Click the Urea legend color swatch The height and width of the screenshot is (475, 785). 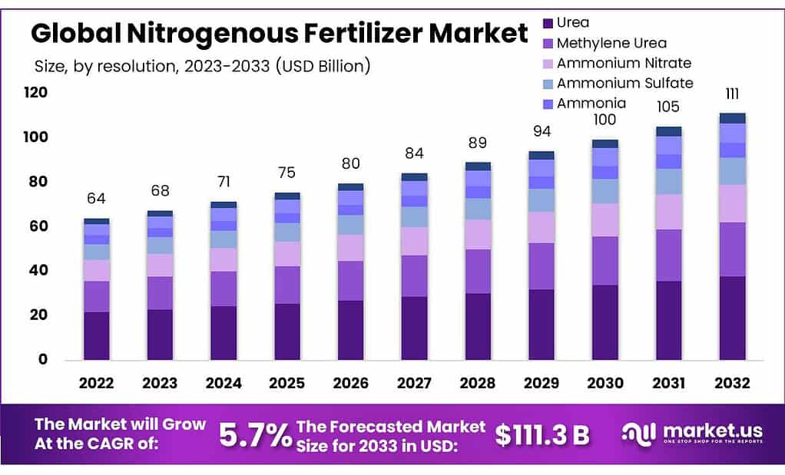click(x=547, y=23)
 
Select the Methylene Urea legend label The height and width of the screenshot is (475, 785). click(x=611, y=43)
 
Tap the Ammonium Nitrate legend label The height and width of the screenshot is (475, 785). click(x=624, y=63)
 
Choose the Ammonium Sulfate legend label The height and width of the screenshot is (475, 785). click(x=624, y=83)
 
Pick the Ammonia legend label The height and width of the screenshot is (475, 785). click(x=591, y=103)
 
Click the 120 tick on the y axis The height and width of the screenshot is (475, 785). click(x=35, y=93)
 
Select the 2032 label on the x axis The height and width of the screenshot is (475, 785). click(x=732, y=383)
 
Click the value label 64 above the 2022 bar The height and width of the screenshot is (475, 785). click(x=97, y=199)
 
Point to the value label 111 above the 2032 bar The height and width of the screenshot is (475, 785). click(x=732, y=94)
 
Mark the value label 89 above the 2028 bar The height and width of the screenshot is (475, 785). click(x=478, y=143)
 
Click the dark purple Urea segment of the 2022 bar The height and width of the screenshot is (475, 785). click(x=97, y=335)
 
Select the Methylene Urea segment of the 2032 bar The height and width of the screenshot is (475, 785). click(x=732, y=249)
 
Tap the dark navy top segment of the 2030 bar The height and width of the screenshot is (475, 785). click(x=605, y=143)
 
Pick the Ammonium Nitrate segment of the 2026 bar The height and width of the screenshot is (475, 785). click(x=351, y=248)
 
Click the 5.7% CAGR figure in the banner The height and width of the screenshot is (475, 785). click(x=255, y=435)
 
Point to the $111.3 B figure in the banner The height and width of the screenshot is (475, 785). click(x=542, y=435)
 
